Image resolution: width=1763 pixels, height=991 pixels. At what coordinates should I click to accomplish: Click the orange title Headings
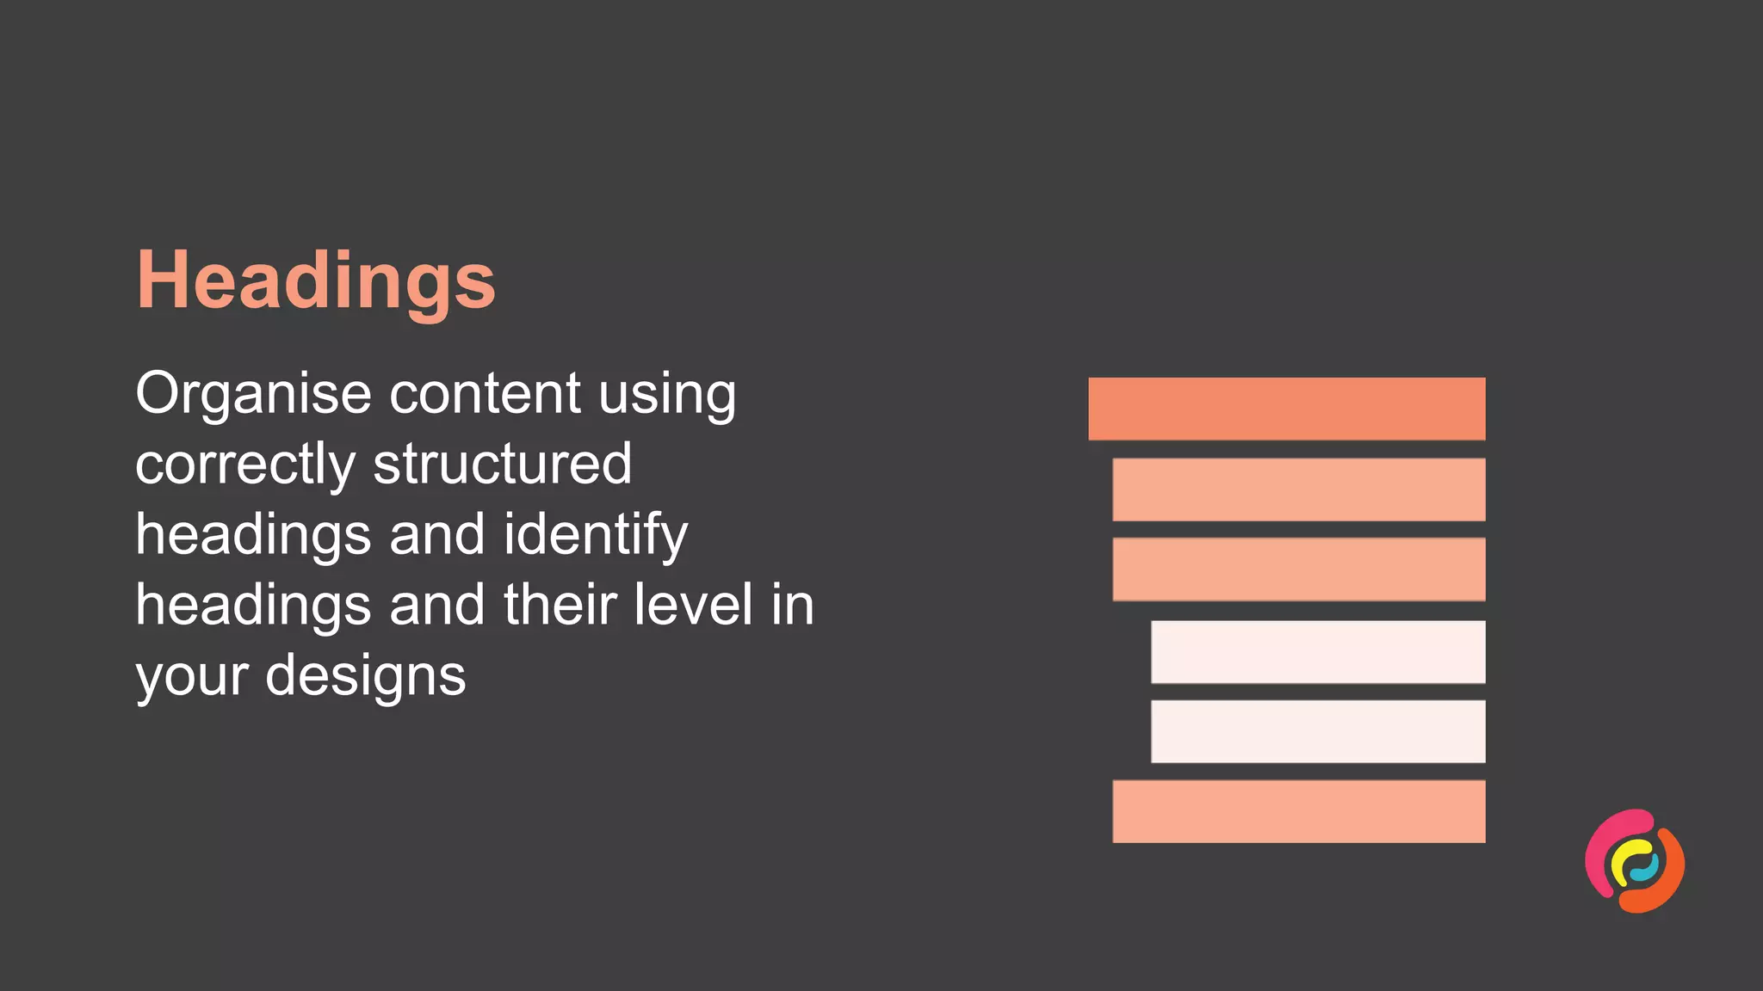click(x=316, y=280)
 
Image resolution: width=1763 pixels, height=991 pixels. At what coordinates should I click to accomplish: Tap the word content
click(x=485, y=394)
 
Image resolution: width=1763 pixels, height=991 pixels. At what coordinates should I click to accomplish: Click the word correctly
click(x=244, y=465)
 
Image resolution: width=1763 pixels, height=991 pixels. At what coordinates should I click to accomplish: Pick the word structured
click(x=502, y=465)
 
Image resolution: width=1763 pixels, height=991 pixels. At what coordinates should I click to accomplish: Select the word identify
click(x=595, y=536)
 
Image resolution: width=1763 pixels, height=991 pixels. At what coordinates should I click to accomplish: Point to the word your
click(x=192, y=677)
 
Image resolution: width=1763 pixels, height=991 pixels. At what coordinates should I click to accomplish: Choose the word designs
click(x=366, y=677)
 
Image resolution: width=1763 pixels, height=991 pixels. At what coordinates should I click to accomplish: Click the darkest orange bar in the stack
click(x=1286, y=409)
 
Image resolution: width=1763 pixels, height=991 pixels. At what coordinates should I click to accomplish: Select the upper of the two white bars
click(x=1318, y=652)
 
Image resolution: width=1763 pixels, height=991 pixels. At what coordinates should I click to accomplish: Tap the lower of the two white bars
click(x=1318, y=731)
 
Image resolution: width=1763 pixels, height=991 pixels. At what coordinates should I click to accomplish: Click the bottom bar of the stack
click(x=1298, y=811)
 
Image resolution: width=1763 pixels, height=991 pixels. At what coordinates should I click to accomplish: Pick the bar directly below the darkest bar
click(x=1298, y=489)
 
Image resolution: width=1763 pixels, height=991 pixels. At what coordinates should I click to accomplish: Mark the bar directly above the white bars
click(x=1298, y=569)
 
